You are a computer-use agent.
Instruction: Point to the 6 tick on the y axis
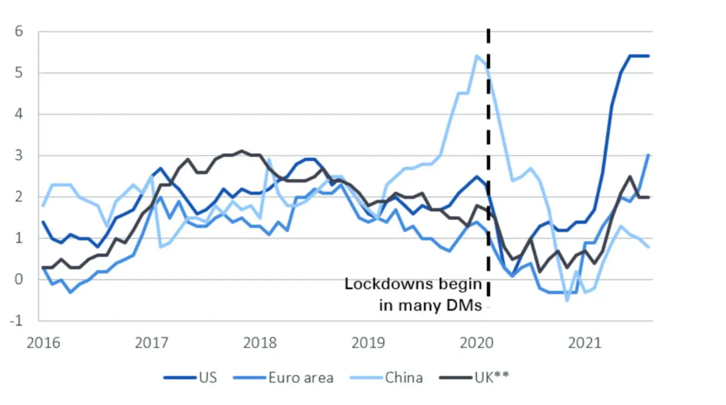coord(19,31)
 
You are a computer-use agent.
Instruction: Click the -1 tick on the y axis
coord(16,320)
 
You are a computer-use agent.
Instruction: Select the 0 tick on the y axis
coord(19,279)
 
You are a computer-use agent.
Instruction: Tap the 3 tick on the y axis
coord(19,155)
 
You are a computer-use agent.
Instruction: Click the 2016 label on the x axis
coord(44,343)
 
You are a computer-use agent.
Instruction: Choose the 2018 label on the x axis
coord(260,343)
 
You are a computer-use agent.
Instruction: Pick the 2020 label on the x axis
coord(477,343)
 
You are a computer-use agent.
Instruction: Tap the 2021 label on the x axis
coord(585,343)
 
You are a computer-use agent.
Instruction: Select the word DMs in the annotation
coord(464,305)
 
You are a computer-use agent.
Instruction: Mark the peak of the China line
coord(477,56)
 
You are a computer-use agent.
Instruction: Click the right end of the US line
coord(649,56)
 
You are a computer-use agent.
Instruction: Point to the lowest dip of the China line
coord(567,300)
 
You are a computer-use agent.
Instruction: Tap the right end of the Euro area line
coord(649,155)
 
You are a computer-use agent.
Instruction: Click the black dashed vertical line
coord(488,145)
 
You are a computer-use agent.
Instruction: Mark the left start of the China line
coord(44,205)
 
